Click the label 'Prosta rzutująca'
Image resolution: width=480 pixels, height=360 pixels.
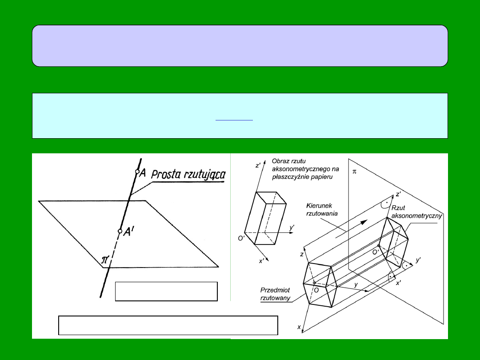tap(188, 175)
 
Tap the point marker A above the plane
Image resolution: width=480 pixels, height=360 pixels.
tap(137, 172)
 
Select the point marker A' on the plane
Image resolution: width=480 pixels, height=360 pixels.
tap(120, 231)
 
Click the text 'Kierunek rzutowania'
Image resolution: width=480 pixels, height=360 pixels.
tap(322, 210)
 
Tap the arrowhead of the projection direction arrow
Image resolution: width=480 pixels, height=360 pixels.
tap(364, 222)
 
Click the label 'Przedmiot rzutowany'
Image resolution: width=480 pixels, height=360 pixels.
tap(275, 294)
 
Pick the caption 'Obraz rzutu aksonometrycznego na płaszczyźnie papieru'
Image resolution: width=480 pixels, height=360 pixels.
tap(305, 169)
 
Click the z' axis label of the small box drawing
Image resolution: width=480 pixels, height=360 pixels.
tap(258, 165)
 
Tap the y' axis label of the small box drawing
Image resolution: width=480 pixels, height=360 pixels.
tap(292, 227)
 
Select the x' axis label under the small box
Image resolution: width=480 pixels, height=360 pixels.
tap(262, 261)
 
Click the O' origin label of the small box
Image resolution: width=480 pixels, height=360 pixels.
tap(241, 238)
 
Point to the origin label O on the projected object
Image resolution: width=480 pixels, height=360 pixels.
tap(316, 289)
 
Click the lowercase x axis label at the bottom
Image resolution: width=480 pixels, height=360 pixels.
tap(299, 327)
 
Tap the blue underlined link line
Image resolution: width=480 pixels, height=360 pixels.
tap(234, 120)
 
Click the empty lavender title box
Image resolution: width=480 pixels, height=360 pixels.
tap(240, 46)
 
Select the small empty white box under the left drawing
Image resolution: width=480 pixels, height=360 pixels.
tap(166, 292)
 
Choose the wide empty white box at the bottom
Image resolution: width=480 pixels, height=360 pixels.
tap(168, 325)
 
